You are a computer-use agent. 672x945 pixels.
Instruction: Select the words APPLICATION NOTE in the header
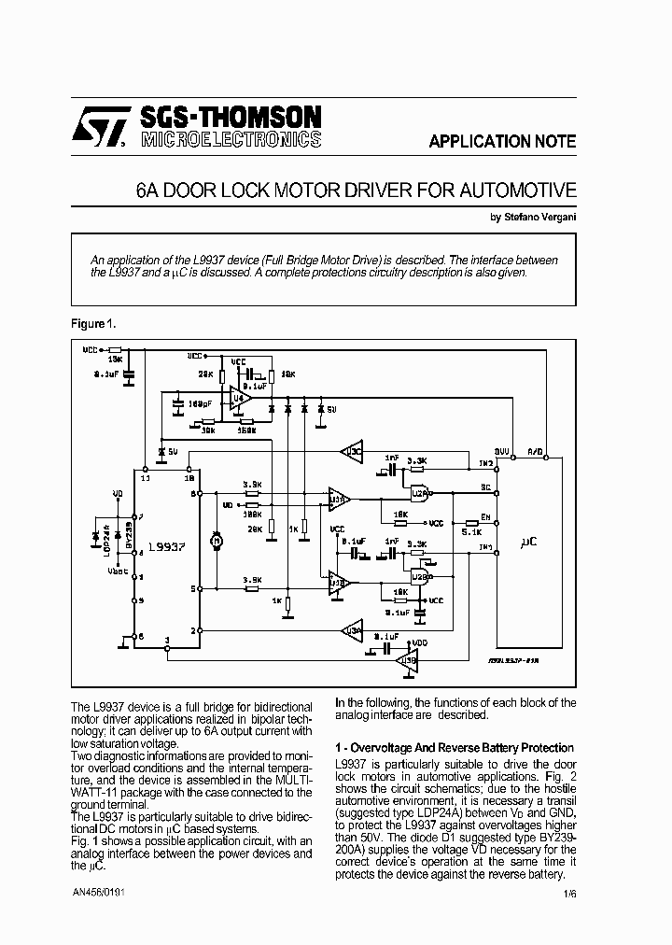point(501,142)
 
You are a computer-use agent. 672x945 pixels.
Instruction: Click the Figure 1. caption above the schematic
point(93,323)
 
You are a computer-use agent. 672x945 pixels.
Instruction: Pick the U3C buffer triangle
point(353,452)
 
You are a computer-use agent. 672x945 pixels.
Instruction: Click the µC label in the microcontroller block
point(529,542)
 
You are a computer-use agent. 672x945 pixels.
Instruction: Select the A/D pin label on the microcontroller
point(536,450)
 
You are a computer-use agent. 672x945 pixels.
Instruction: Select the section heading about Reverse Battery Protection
point(455,748)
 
